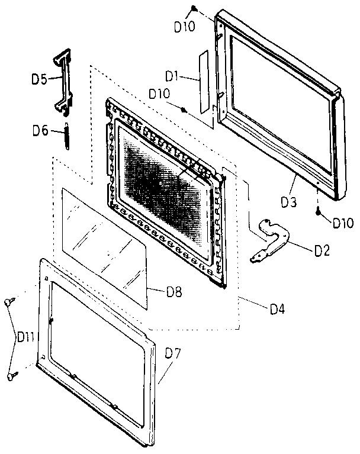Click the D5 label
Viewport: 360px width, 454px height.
point(39,79)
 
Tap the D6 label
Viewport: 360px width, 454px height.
point(40,131)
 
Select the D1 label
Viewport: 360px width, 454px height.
point(172,76)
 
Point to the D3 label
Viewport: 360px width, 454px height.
point(289,202)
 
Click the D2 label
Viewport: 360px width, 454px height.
point(322,251)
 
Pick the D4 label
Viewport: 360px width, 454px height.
point(278,309)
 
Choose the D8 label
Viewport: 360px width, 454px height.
point(174,292)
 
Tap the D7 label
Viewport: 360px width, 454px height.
point(173,353)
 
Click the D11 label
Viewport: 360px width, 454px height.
point(26,337)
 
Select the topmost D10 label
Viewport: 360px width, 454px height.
point(185,27)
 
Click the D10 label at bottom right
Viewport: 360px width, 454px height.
point(343,223)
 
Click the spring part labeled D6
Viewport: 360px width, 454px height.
point(67,136)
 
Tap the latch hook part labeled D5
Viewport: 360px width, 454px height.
point(63,82)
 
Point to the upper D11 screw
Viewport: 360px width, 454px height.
point(9,302)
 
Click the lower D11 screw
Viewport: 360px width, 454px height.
point(12,376)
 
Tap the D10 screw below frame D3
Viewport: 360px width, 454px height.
point(319,212)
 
